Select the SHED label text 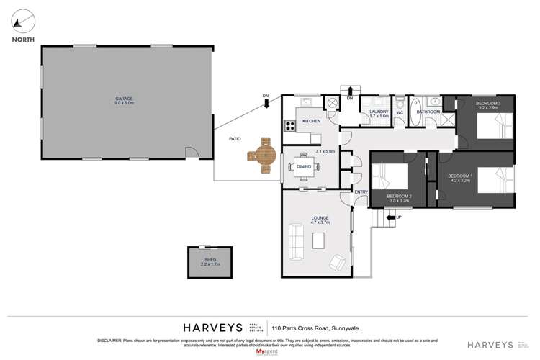coord(210,261)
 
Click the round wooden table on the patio coord(264,154)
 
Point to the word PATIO coord(235,139)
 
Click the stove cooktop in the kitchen coord(291,126)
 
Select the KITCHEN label coord(311,121)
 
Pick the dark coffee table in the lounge coord(318,243)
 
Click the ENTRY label coord(361,192)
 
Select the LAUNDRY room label coord(379,113)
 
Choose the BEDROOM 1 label coord(460,178)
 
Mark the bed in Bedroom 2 coord(390,176)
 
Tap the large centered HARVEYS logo coord(212,325)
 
